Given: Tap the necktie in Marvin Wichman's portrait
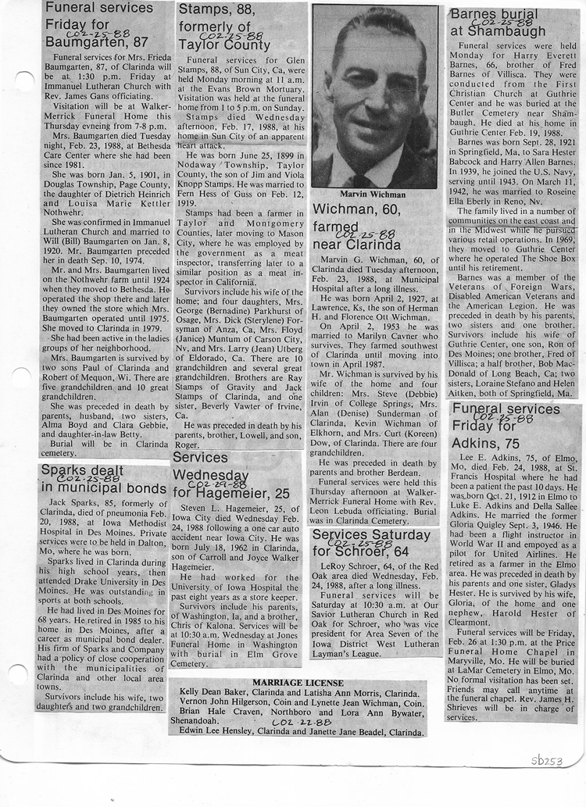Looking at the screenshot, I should click(361, 181).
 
